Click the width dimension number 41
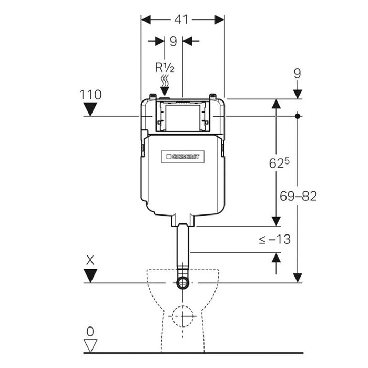(181, 19)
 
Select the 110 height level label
(91, 95)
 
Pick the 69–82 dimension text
(298, 196)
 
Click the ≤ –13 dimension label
(274, 239)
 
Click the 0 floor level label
(91, 332)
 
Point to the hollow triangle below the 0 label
(91, 345)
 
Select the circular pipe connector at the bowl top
(182, 283)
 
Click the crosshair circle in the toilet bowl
(182, 316)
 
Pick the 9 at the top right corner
(298, 73)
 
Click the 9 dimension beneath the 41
(173, 40)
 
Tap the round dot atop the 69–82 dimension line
(298, 115)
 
